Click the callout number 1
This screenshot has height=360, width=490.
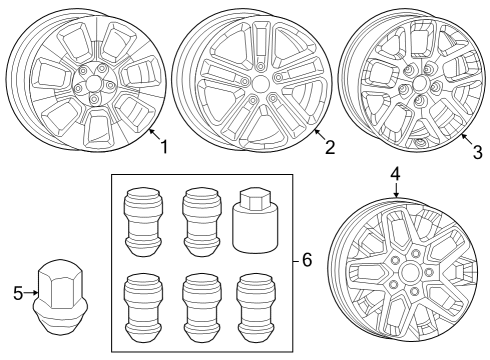165,147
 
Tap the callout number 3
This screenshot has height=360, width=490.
477,152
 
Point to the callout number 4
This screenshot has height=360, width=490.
396,173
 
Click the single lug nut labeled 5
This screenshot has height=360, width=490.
59,296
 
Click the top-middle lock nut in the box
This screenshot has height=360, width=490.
196,220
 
